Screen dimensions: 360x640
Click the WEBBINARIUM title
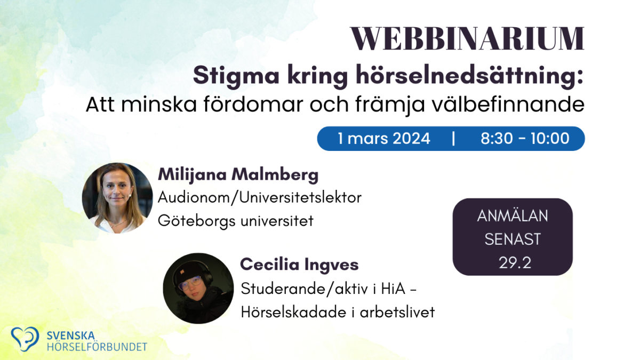467,38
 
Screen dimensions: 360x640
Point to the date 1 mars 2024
384,139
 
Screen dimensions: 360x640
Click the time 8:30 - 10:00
525,139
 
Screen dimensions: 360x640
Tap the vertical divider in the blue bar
453,139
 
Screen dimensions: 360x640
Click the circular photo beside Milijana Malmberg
117,198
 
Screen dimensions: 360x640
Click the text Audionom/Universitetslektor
260,197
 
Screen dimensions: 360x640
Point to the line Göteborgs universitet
236,220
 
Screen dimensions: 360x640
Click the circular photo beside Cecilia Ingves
198,288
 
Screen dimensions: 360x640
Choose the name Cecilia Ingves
299,265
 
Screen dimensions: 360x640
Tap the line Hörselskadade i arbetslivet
338,312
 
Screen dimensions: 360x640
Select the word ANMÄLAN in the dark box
513,216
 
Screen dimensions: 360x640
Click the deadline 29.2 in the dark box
513,263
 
